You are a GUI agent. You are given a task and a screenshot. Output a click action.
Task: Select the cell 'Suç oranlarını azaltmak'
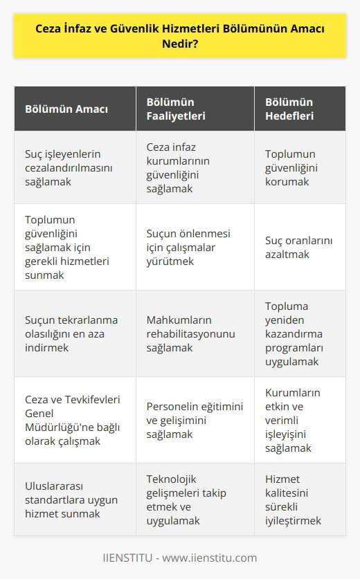pyautogui.click(x=294, y=246)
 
